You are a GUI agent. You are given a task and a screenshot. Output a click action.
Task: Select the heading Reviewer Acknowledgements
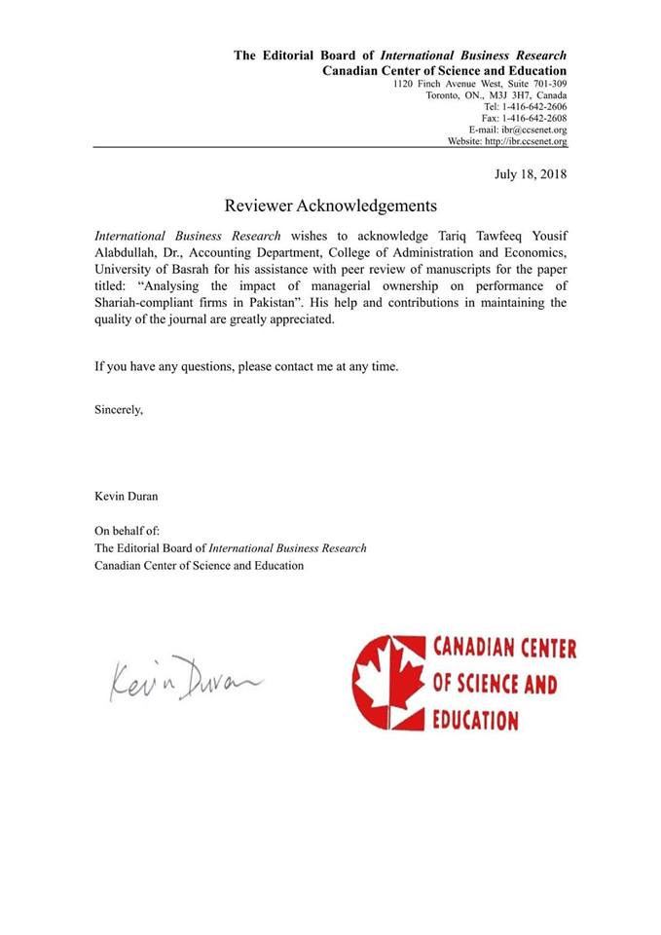(x=330, y=206)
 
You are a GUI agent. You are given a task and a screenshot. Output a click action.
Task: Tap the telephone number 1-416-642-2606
(x=532, y=106)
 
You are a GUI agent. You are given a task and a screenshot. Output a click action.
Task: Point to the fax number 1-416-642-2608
(x=532, y=118)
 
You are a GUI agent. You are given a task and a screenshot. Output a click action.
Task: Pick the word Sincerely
(x=119, y=409)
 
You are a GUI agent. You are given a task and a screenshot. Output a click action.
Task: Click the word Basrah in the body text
(x=185, y=270)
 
